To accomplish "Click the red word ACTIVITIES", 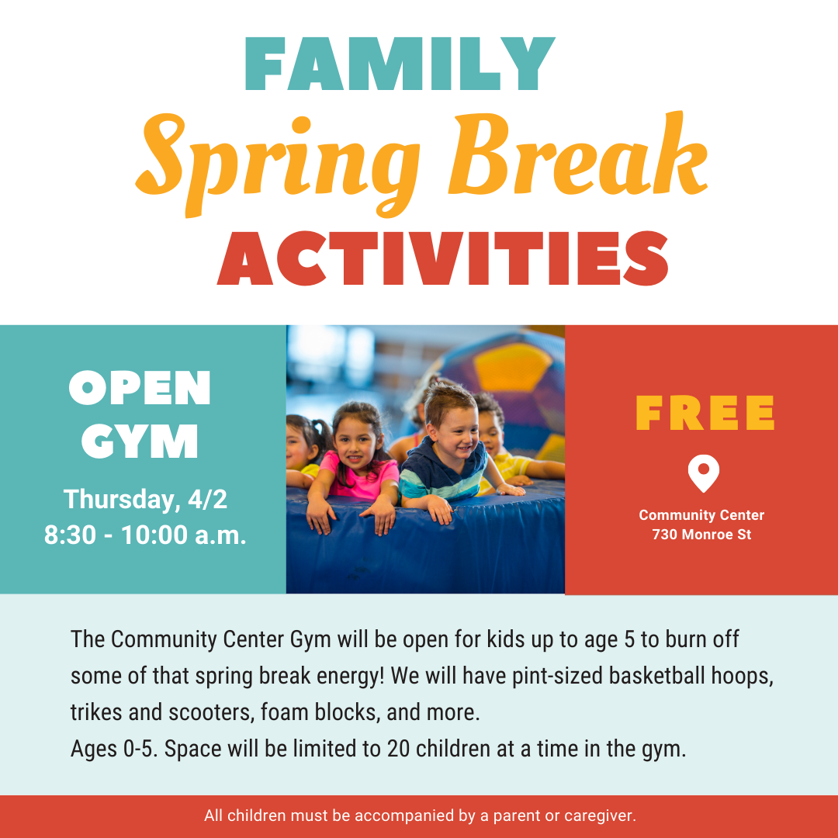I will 443,258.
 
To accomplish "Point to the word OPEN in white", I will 140,389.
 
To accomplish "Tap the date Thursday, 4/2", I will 145,499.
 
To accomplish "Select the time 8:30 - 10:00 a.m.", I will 145,535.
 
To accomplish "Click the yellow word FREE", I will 705,414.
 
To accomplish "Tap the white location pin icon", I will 703,472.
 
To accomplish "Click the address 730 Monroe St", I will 701,535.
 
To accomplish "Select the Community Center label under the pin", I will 701,515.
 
